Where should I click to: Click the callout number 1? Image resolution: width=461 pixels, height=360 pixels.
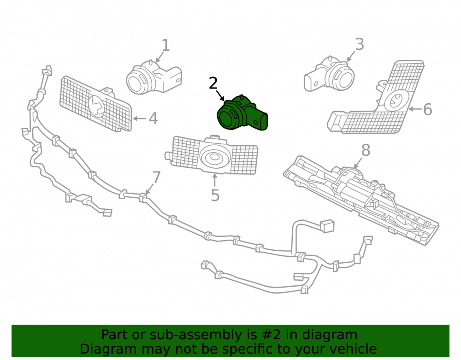pyautogui.click(x=166, y=46)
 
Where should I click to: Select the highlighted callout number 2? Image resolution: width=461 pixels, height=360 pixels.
pyautogui.click(x=213, y=83)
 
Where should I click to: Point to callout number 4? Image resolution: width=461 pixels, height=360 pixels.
pyautogui.click(x=153, y=118)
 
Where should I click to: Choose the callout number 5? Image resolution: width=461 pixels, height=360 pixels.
pyautogui.click(x=215, y=195)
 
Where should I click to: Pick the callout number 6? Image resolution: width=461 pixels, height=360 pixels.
pyautogui.click(x=428, y=109)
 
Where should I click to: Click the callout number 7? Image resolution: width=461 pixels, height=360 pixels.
pyautogui.click(x=156, y=177)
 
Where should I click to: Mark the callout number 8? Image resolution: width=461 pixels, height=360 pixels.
pyautogui.click(x=366, y=150)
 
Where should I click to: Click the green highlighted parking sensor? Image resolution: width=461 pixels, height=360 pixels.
pyautogui.click(x=242, y=113)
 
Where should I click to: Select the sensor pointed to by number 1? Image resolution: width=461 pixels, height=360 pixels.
pyautogui.click(x=153, y=77)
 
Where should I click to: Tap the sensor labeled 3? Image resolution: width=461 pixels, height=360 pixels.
pyautogui.click(x=329, y=73)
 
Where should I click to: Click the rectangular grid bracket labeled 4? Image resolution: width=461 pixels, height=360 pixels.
pyautogui.click(x=96, y=104)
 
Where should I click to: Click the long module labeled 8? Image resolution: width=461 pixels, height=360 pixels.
pyautogui.click(x=361, y=200)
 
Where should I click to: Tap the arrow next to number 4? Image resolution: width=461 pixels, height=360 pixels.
pyautogui.click(x=140, y=119)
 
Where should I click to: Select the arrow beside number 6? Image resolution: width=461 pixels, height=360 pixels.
pyautogui.click(x=415, y=109)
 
